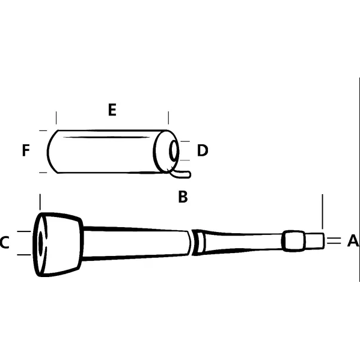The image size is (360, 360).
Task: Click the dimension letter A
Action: pyautogui.click(x=353, y=241)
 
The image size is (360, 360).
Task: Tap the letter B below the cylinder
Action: pyautogui.click(x=183, y=197)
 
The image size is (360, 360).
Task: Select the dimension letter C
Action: pyautogui.click(x=4, y=243)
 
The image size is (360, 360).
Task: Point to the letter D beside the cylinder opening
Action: pyautogui.click(x=203, y=150)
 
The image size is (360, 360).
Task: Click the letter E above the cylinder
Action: pyautogui.click(x=112, y=110)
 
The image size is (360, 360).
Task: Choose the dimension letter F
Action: pyautogui.click(x=25, y=150)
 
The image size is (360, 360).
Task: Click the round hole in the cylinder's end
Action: pyautogui.click(x=174, y=151)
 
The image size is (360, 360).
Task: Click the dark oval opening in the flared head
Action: pyautogui.click(x=40, y=243)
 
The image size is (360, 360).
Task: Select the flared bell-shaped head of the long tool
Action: pyautogui.click(x=60, y=243)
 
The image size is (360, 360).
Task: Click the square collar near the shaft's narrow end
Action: pyautogui.click(x=292, y=240)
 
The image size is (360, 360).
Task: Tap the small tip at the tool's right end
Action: pyautogui.click(x=314, y=240)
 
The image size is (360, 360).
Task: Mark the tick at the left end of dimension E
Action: pyautogui.click(x=56, y=117)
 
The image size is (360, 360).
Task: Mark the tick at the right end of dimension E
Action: pyautogui.click(x=168, y=117)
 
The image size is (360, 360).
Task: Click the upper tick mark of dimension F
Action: pyautogui.click(x=42, y=130)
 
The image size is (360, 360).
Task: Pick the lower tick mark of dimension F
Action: pyautogui.click(x=42, y=172)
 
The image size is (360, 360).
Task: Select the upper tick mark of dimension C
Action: pyautogui.click(x=23, y=231)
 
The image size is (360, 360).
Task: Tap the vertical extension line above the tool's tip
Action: pyautogui.click(x=323, y=210)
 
